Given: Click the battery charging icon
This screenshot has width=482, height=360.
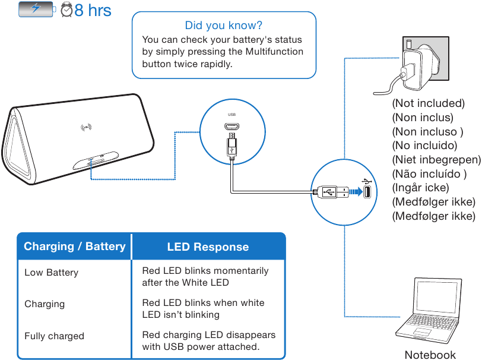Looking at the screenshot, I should [36, 9].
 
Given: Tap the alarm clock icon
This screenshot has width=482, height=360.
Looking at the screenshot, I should [67, 10].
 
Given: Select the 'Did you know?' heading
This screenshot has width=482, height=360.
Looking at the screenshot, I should [223, 26].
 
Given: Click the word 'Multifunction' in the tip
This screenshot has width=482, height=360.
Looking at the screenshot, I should [274, 52].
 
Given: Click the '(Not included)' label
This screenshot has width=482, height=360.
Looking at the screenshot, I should [428, 103].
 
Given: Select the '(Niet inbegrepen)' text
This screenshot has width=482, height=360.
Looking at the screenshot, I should [436, 160].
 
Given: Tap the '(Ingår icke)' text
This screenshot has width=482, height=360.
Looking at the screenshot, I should [420, 188].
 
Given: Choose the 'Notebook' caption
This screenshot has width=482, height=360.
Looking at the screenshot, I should [430, 355].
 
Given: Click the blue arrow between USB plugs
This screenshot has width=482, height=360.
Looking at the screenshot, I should [355, 191].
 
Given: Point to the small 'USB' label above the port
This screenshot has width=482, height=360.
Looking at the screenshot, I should [232, 115].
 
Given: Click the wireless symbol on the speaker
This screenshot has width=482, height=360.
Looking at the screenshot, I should [87, 127].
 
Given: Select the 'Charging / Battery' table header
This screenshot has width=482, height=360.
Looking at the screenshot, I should [75, 247].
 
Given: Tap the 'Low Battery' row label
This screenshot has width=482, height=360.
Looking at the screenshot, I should [51, 273].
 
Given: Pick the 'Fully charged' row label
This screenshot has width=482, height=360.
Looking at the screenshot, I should [54, 336].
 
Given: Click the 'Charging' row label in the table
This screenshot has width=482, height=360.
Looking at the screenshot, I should [45, 304].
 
